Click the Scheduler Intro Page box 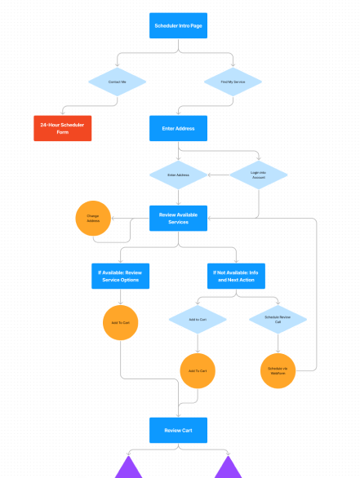click(x=179, y=26)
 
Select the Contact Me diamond click(x=117, y=82)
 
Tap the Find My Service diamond click(x=233, y=82)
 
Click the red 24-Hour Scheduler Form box click(x=62, y=128)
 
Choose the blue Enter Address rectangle click(x=179, y=128)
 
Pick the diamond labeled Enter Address click(x=178, y=175)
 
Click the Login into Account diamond click(x=259, y=175)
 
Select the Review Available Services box click(x=179, y=218)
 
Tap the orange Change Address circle click(x=93, y=218)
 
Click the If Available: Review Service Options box click(x=120, y=276)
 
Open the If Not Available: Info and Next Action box click(x=237, y=276)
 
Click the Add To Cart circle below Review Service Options click(x=120, y=323)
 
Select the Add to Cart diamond click(x=198, y=320)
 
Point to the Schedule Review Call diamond click(x=278, y=320)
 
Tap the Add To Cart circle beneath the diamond click(x=198, y=370)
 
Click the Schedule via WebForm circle click(x=278, y=370)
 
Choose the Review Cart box click(x=179, y=430)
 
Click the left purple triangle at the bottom click(x=129, y=468)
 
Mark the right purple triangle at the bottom click(x=228, y=468)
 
